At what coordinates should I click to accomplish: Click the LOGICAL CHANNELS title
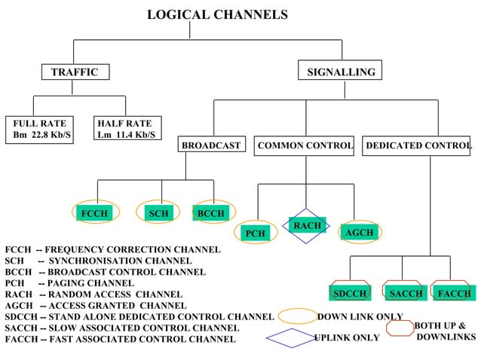coord(217,15)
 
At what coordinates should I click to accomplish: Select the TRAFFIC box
coord(75,72)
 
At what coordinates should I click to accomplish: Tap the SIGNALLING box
coord(341,72)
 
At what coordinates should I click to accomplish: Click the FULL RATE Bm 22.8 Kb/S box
coord(39,129)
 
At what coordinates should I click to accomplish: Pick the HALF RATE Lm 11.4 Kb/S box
coord(126,129)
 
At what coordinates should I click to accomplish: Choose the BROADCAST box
coord(211,145)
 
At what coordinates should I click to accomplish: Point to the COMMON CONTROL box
coord(305,145)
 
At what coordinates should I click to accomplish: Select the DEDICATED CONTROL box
coord(418,145)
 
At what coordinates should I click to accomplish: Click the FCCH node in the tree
coord(94,214)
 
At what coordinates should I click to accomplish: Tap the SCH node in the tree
coord(158,214)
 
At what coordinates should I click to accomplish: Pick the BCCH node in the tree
coord(210,214)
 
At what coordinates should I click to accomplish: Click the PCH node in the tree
coord(256,233)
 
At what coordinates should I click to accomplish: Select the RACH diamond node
coord(307,226)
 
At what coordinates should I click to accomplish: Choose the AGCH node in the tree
coord(359,233)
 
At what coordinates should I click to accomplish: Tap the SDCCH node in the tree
coord(350,293)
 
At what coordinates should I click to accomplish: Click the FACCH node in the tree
coord(454,293)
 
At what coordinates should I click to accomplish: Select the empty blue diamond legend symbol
coord(291,338)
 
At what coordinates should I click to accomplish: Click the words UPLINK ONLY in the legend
coord(347,338)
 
